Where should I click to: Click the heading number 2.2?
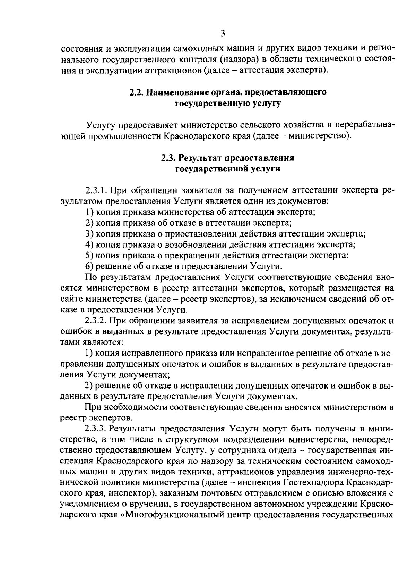coord(136,93)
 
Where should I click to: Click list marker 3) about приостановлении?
coord(90,234)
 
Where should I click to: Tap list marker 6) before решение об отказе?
coord(90,266)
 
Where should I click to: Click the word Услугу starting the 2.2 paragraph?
coord(100,125)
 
